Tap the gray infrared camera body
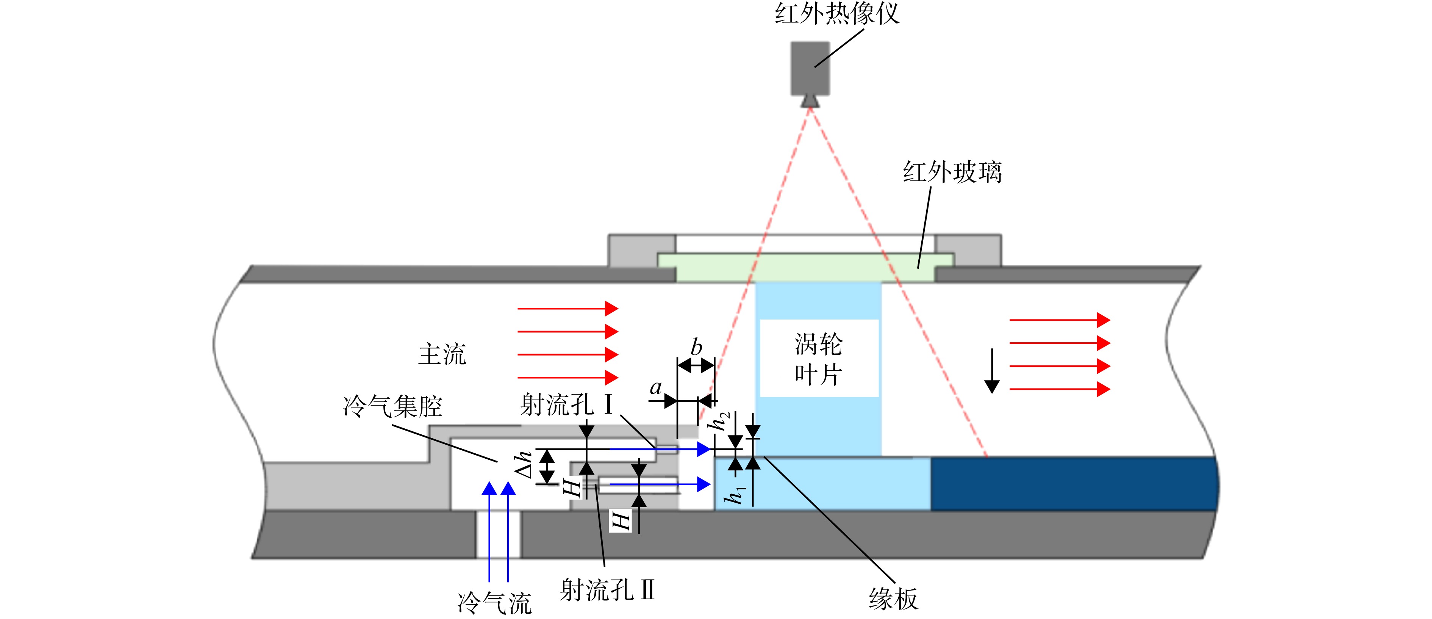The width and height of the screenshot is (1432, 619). [810, 68]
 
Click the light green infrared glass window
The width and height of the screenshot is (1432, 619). [805, 268]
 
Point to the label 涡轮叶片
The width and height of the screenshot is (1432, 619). [818, 359]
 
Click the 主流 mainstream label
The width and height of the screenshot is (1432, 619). [442, 354]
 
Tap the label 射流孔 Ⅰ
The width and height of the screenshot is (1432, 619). [566, 404]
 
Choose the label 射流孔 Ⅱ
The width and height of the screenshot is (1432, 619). [607, 589]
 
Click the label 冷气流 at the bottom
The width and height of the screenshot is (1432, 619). [495, 603]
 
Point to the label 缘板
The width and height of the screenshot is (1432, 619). [893, 599]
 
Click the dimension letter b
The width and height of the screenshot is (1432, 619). [696, 347]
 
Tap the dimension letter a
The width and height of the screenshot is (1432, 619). [656, 388]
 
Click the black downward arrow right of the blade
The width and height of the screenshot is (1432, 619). [992, 371]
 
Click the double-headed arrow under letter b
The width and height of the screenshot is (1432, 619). [696, 365]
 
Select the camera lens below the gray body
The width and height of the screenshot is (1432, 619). [810, 101]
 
